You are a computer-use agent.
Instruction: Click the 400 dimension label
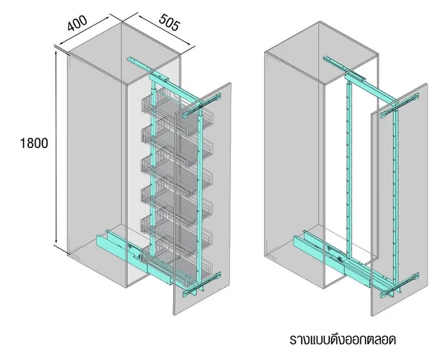pos(77,23)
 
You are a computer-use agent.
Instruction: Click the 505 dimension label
pos(169,22)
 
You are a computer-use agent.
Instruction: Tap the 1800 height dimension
pos(34,143)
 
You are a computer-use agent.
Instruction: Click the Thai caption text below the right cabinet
pos(343,339)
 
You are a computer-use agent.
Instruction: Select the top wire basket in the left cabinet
pos(176,111)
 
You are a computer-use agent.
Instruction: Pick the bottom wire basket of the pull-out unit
pos(176,265)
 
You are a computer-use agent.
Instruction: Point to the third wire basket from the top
pos(176,172)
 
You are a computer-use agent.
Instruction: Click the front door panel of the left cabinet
pos(202,199)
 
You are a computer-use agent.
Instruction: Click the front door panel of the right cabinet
pos(399,199)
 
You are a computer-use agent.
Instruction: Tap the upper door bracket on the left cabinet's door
pos(201,105)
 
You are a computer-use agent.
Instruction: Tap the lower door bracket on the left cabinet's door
pos(201,284)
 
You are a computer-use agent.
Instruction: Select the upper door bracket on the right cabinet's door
pos(399,105)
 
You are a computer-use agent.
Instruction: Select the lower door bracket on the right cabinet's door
pos(399,285)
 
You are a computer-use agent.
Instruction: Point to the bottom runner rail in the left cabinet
pos(134,256)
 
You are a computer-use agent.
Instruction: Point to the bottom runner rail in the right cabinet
pos(333,256)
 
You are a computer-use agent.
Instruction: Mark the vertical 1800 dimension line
pos(56,148)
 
